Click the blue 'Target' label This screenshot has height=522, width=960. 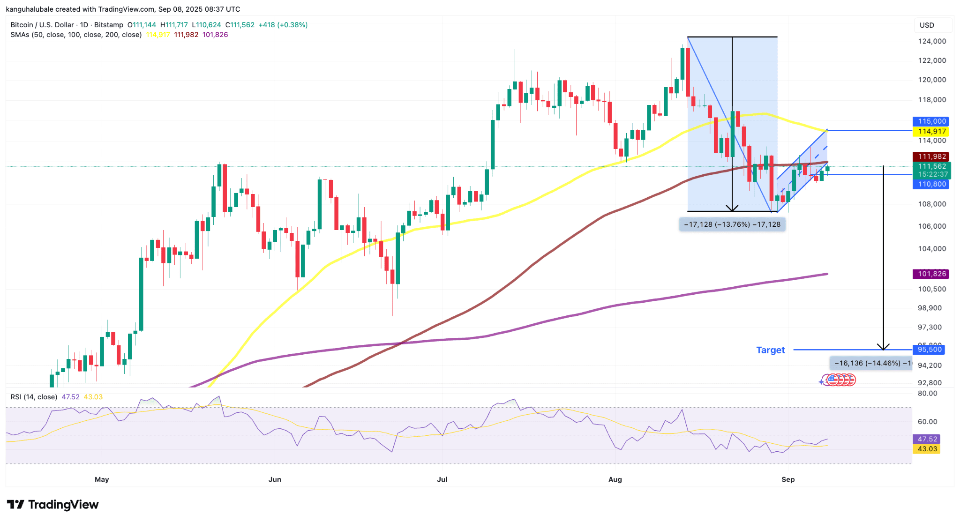tap(770, 350)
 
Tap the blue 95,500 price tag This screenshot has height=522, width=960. tap(929, 350)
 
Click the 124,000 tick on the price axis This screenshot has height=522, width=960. tap(931, 41)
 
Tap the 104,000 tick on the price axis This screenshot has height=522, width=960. tap(931, 249)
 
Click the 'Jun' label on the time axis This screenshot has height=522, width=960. tap(275, 479)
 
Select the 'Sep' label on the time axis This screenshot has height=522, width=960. tap(788, 479)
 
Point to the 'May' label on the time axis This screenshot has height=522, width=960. tap(102, 479)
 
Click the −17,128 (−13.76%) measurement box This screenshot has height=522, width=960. tap(732, 224)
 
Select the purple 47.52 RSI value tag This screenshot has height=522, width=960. tap(927, 439)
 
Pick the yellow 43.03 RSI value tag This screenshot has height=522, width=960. tap(927, 449)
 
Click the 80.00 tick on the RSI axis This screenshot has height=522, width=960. tap(927, 394)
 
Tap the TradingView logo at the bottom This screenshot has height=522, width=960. tap(53, 505)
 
